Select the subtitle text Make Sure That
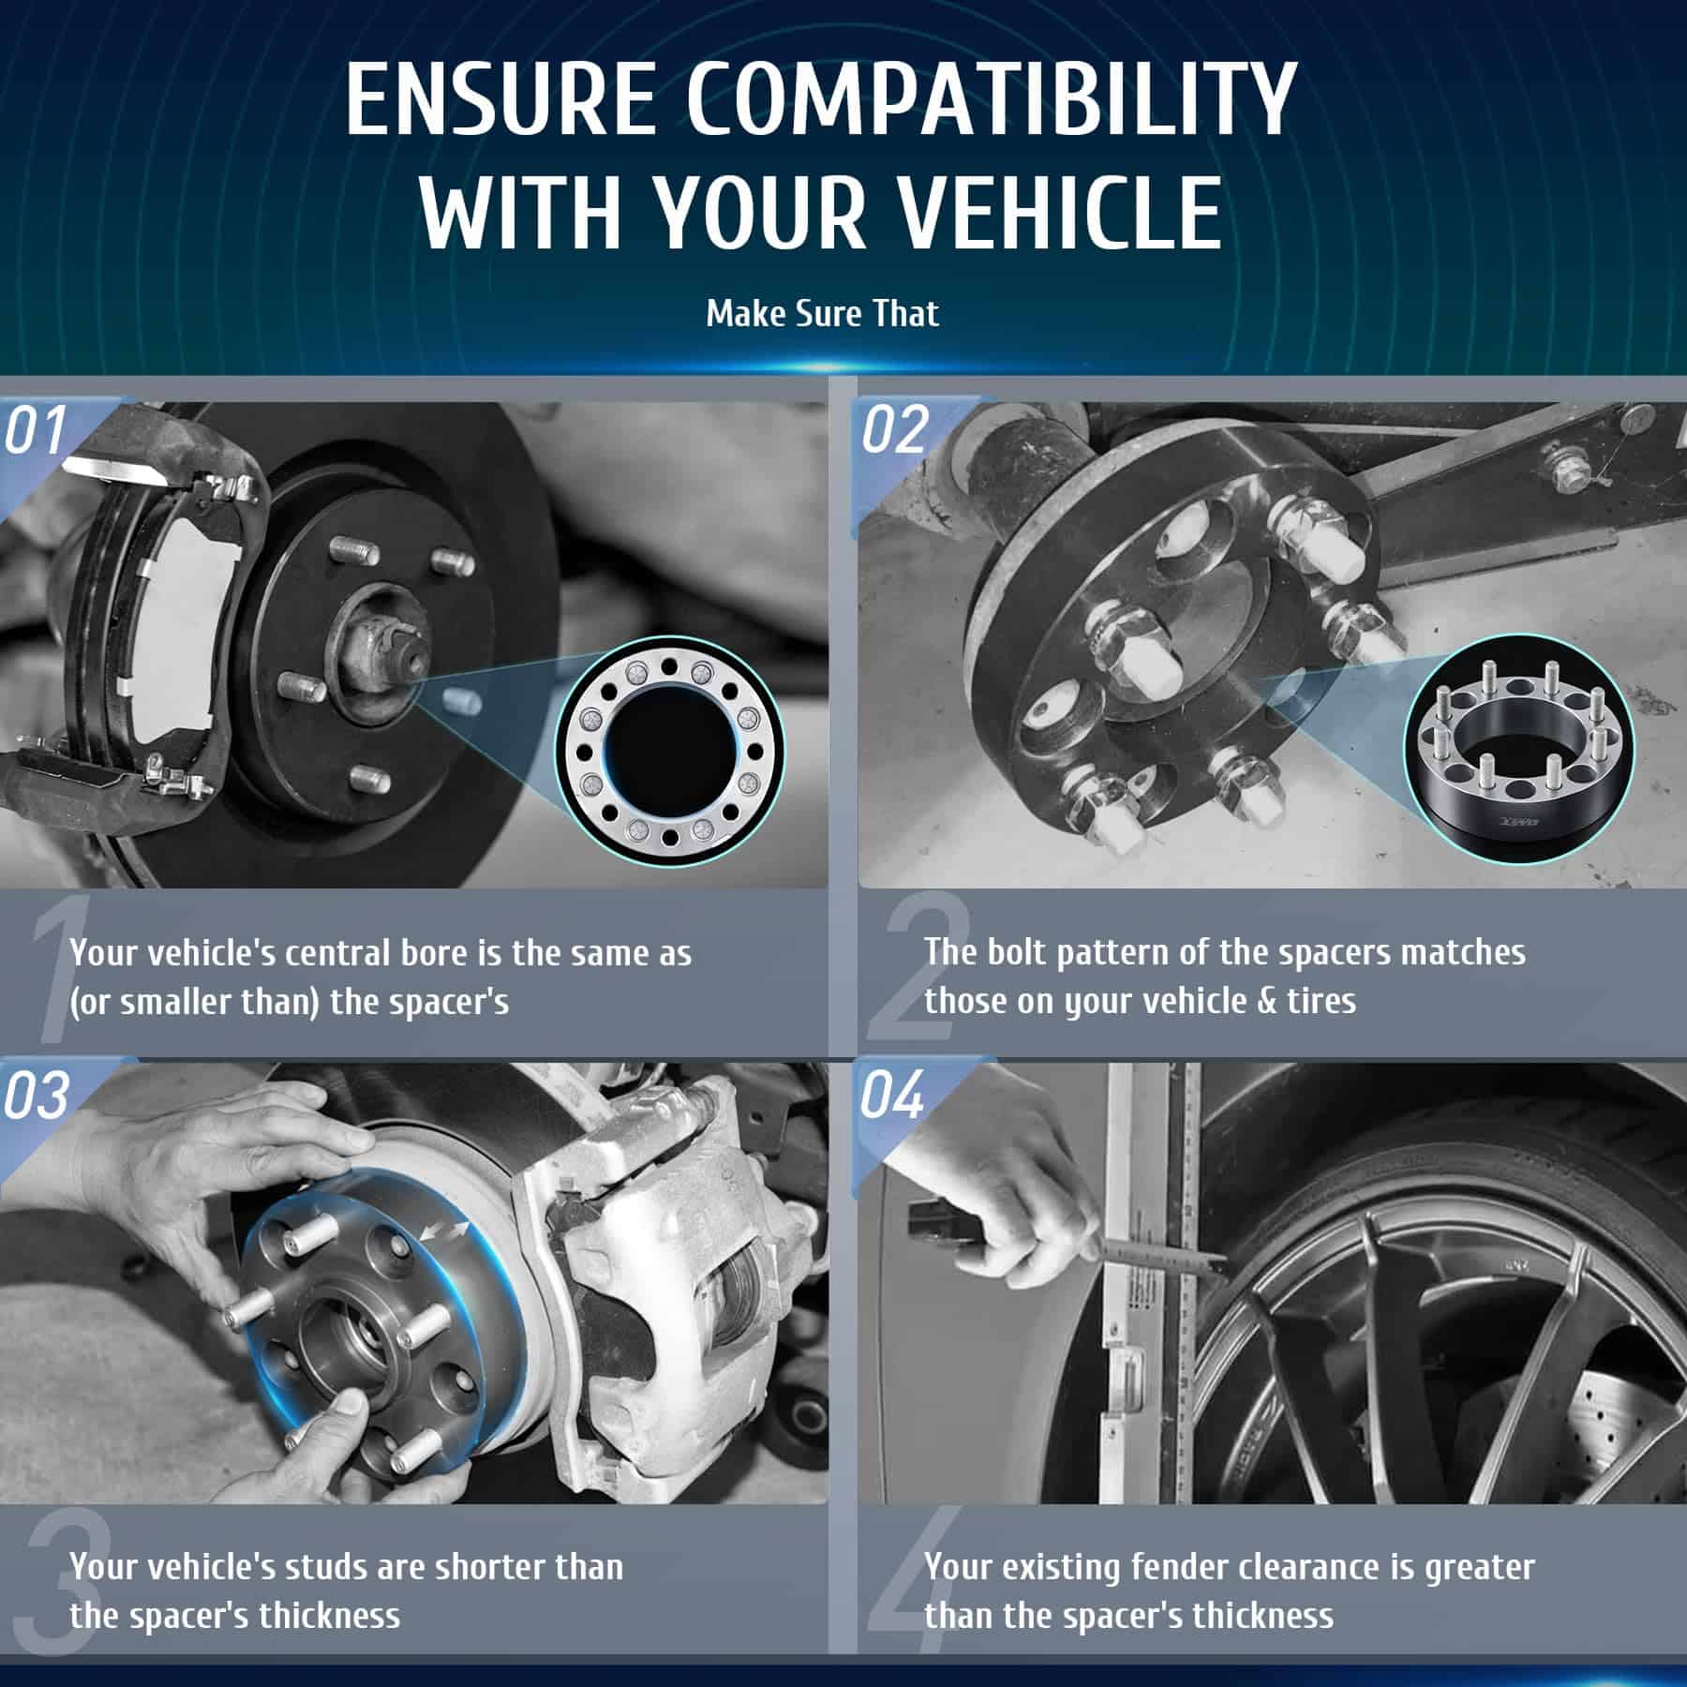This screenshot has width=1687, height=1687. (x=822, y=313)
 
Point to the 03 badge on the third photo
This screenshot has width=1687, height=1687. (x=36, y=1094)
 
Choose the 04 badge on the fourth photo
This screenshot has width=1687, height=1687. (x=894, y=1094)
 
